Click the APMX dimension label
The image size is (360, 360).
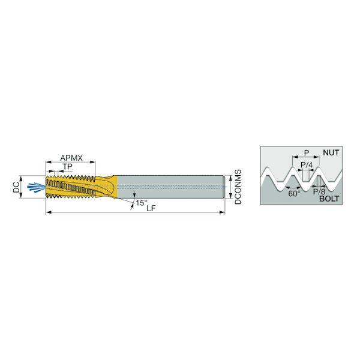pyautogui.click(x=71, y=158)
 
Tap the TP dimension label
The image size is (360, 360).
pyautogui.click(x=68, y=167)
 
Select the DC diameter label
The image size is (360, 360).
pyautogui.click(x=16, y=187)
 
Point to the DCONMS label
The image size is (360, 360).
pyautogui.click(x=238, y=187)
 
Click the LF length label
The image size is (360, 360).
pyautogui.click(x=151, y=208)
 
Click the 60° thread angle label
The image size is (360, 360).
pyautogui.click(x=295, y=194)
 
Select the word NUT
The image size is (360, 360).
pyautogui.click(x=331, y=152)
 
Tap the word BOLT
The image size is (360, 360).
pyautogui.click(x=329, y=199)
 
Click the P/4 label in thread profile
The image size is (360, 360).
pyautogui.click(x=307, y=164)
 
